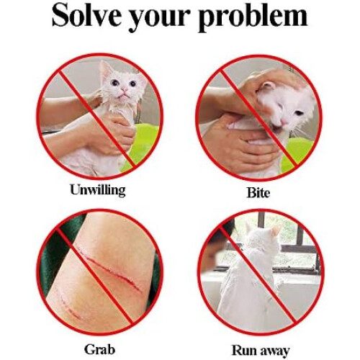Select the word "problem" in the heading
pos(253,17)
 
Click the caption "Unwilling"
pos(98,190)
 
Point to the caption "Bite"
pos(258,192)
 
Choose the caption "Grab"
pos(99,349)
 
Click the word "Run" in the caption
pos(243,350)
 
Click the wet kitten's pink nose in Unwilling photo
pos(125,90)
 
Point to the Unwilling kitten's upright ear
pos(106,70)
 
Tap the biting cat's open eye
pos(298,112)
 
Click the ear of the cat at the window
pos(275,231)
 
